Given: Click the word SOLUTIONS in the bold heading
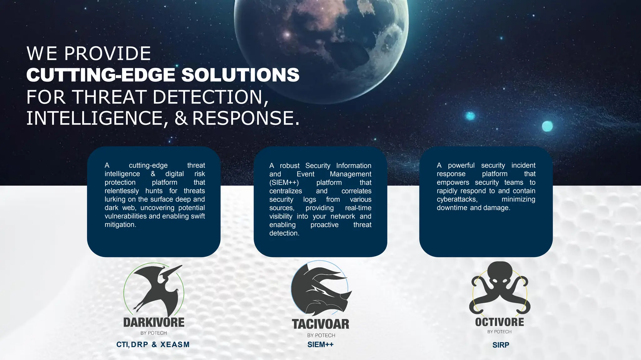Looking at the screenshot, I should (240, 75).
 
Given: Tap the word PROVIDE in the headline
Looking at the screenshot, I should (107, 53).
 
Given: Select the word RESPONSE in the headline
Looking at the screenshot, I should (246, 118).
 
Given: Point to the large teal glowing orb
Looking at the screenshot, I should (547, 126).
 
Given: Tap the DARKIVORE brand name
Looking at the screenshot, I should (154, 322).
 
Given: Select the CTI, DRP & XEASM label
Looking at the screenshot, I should (153, 344).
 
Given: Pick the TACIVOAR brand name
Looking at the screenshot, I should (320, 324).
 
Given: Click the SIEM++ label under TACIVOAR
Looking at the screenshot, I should (320, 344).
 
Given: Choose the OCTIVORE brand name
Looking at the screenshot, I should (500, 322).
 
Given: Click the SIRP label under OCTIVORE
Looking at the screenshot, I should (501, 345).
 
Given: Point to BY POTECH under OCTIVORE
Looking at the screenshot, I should (500, 332).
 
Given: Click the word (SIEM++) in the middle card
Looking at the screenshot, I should (284, 183).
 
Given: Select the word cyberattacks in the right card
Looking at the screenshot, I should (457, 200).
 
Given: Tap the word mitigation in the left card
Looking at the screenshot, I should (120, 225).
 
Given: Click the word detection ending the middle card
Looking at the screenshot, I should (284, 233).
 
